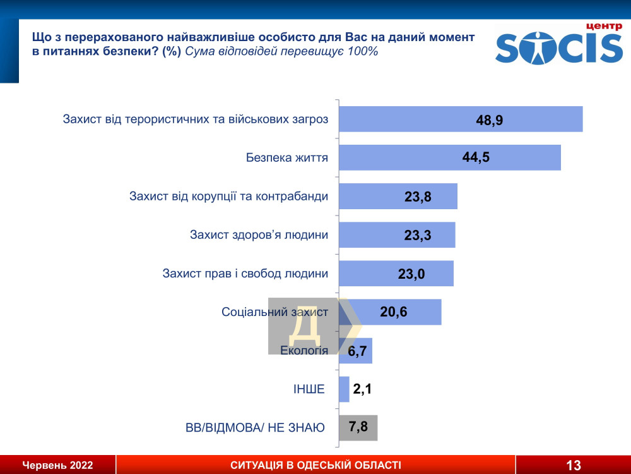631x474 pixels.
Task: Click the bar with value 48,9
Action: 461,119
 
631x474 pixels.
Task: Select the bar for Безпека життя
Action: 449,157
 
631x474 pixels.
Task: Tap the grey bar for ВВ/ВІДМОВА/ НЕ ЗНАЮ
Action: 358,428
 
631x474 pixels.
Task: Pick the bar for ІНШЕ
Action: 344,389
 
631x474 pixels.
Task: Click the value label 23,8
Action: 418,197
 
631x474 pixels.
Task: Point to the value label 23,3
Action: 417,235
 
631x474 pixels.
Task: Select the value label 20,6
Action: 393,312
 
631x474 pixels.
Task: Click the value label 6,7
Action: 357,351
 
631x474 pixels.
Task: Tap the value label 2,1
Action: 362,389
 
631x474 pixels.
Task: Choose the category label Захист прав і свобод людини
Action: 245,274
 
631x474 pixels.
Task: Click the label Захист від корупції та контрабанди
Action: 228,196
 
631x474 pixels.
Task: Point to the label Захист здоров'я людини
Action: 259,235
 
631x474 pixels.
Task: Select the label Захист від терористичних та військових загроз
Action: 196,119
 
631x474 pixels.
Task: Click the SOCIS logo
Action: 559,49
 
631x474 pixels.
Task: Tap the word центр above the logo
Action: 604,26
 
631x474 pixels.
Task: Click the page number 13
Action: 573,466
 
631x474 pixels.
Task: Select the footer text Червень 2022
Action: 58,466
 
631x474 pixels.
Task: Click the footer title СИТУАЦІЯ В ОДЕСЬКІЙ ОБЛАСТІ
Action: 315,466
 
